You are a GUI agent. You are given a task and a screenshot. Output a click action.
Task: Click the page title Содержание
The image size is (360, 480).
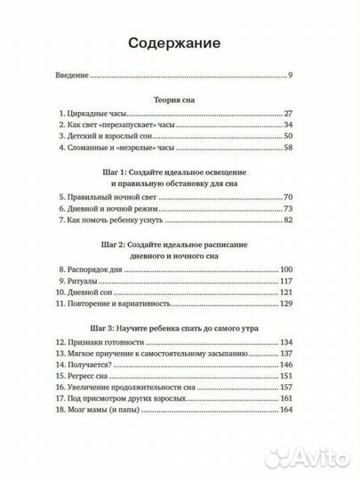point(180,44)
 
